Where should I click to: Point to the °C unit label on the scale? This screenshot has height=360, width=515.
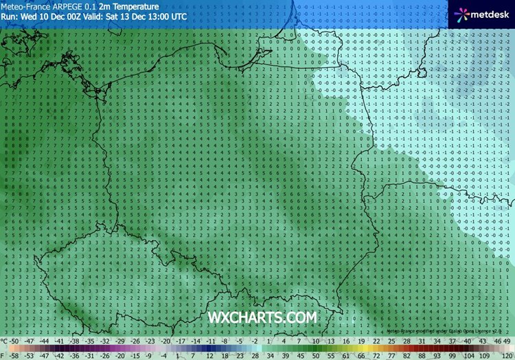pyautogui.click(x=5, y=341)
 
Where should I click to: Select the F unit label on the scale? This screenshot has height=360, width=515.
pyautogui.click(x=3, y=355)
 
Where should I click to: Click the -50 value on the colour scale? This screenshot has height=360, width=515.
pyautogui.click(x=15, y=341)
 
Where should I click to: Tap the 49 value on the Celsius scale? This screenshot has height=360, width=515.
pyautogui.click(x=507, y=341)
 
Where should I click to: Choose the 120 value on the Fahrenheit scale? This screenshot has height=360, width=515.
pyautogui.click(x=507, y=355)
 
